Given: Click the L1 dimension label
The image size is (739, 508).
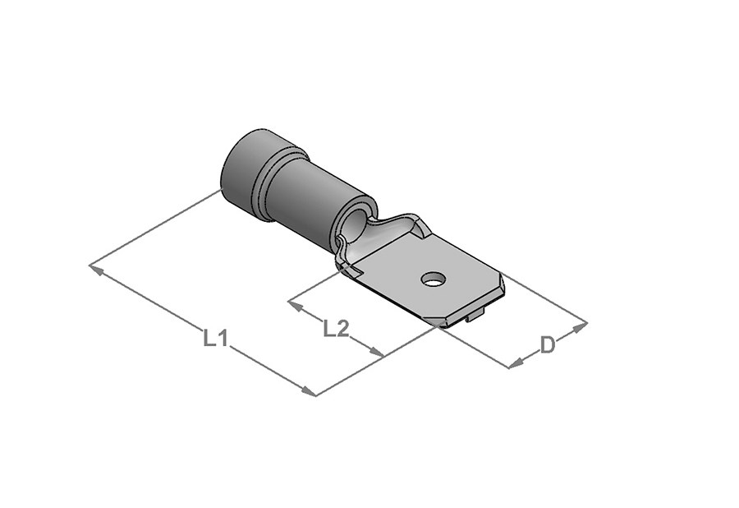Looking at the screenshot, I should (x=215, y=337).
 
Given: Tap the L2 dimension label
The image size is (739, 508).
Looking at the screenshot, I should (x=336, y=329).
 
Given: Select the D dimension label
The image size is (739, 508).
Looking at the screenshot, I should (x=548, y=345).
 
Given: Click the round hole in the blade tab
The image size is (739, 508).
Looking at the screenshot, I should (x=431, y=281).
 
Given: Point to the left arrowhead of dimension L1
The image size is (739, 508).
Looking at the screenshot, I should (x=95, y=267).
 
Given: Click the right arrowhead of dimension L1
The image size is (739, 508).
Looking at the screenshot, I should (x=309, y=392).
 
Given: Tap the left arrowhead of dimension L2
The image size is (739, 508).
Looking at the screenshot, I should (x=293, y=304).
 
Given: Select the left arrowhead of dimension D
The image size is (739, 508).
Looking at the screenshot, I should (x=515, y=363).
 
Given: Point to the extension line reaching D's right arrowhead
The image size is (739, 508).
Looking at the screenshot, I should (x=546, y=298).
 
